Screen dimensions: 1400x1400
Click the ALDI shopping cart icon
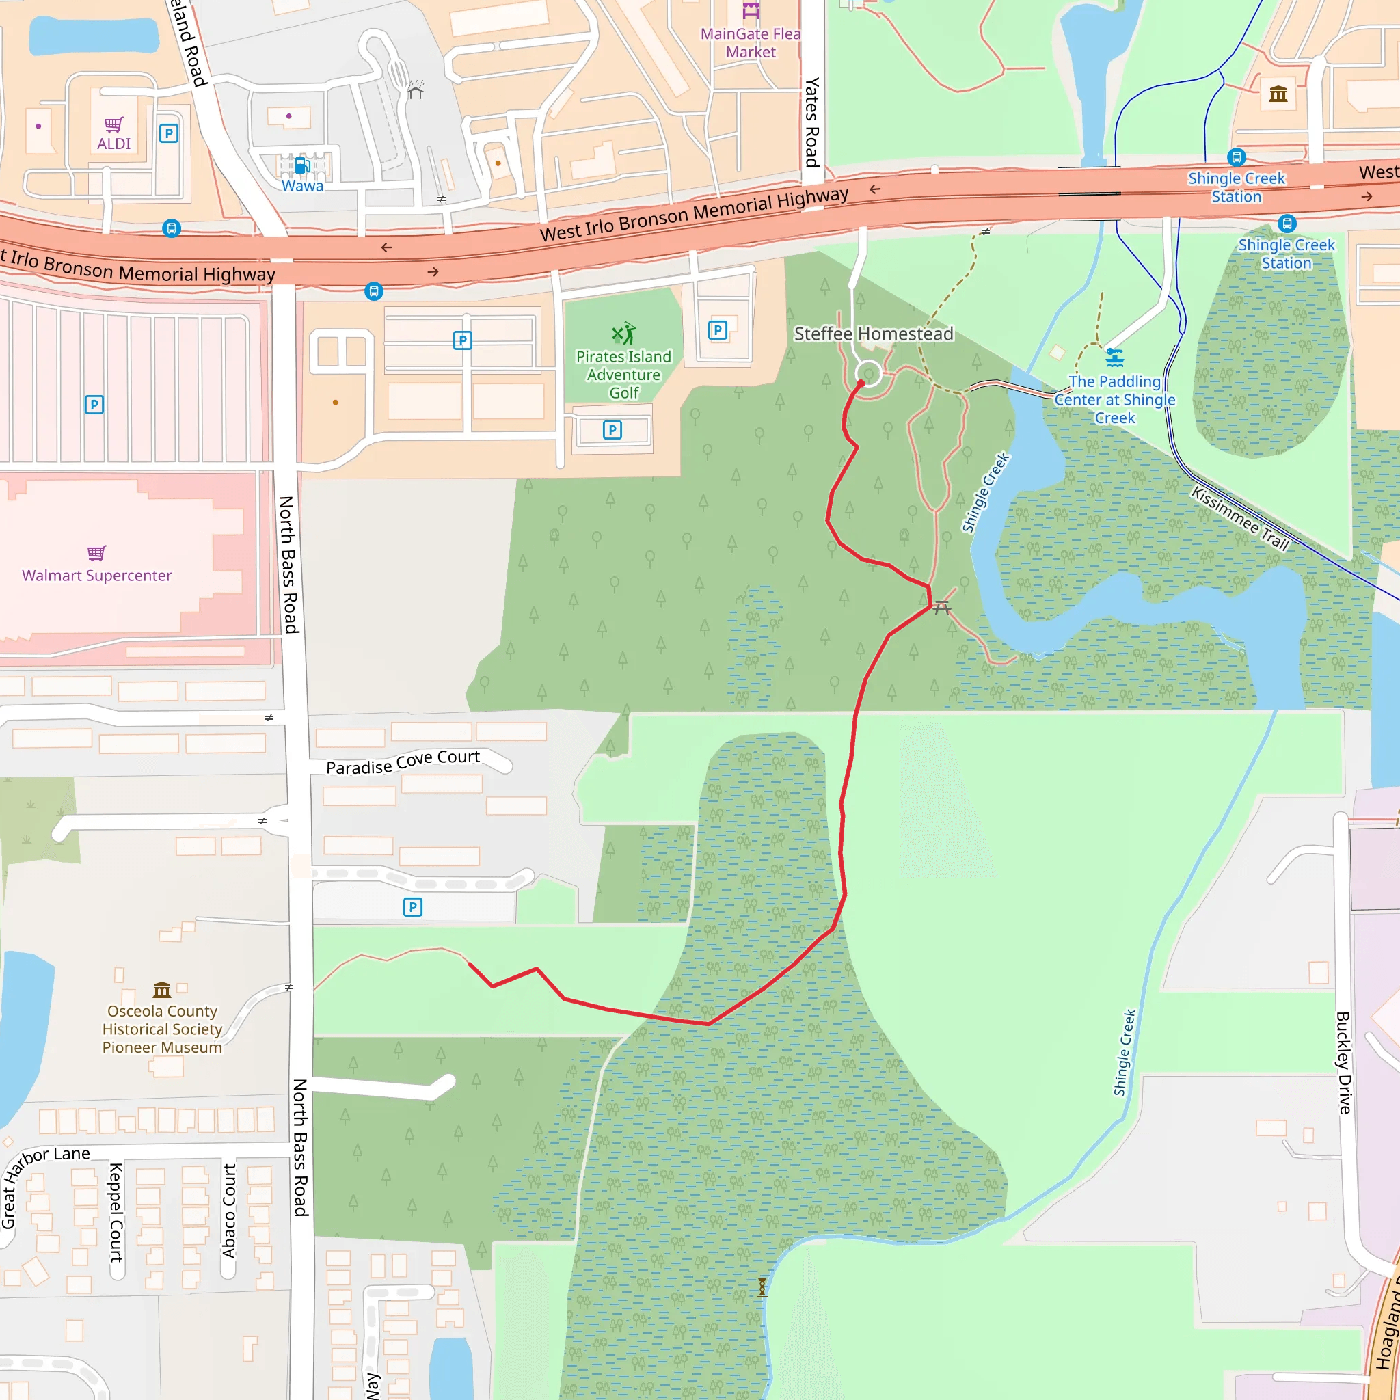113,124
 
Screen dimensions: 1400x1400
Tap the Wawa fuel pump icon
302,166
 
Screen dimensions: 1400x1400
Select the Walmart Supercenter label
96,576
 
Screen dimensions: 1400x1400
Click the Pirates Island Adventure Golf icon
623,334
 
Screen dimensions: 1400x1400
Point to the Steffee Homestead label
873,334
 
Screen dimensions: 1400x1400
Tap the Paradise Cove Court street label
402,762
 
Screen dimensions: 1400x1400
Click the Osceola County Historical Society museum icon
161,990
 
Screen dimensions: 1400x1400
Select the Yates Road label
812,122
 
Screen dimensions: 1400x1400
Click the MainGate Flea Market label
750,43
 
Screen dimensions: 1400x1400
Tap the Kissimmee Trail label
1240,520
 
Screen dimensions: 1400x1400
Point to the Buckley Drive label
1343,1062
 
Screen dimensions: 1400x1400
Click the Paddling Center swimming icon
1114,358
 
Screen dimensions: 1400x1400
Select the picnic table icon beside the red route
941,607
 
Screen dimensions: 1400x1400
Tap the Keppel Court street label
116,1211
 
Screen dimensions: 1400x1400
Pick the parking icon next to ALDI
169,133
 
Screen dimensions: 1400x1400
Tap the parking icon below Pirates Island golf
612,431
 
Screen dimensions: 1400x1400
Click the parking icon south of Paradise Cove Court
412,906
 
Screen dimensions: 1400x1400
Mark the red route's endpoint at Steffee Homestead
861,383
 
